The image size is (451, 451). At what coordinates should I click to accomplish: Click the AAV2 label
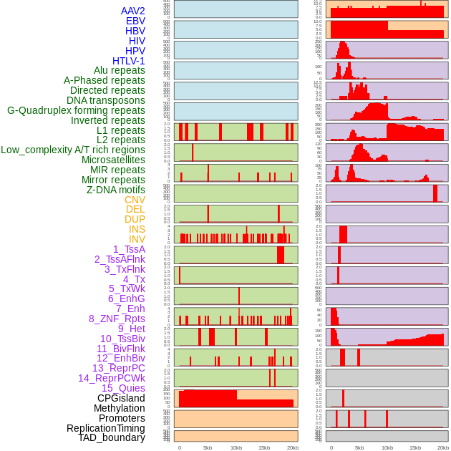pyautogui.click(x=132, y=11)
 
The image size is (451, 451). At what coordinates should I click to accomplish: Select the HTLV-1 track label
pyautogui.click(x=128, y=61)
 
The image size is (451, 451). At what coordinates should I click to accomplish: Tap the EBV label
pyautogui.click(x=135, y=21)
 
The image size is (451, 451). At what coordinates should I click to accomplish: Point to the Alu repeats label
pyautogui.click(x=119, y=70)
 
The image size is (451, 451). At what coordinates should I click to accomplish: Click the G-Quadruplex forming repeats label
pyautogui.click(x=76, y=110)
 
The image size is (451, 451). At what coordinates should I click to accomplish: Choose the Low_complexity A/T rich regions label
pyautogui.click(x=73, y=150)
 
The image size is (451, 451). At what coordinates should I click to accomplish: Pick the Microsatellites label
pyautogui.click(x=113, y=160)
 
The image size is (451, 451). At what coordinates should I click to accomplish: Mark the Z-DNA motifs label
pyautogui.click(x=115, y=190)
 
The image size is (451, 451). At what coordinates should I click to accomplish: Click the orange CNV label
pyautogui.click(x=135, y=200)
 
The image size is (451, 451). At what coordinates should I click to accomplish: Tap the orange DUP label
pyautogui.click(x=135, y=219)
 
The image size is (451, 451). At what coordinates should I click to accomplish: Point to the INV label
pyautogui.click(x=137, y=239)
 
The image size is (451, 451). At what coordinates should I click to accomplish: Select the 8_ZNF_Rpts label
pyautogui.click(x=117, y=319)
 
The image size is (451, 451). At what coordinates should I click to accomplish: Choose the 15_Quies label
pyautogui.click(x=123, y=388)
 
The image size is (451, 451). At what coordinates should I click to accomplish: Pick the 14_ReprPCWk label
pyautogui.click(x=112, y=378)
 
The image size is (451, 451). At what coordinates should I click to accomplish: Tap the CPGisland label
pyautogui.click(x=121, y=398)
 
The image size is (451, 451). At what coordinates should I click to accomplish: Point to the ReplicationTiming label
pyautogui.click(x=105, y=428)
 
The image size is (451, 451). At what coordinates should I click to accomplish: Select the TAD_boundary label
pyautogui.click(x=111, y=437)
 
